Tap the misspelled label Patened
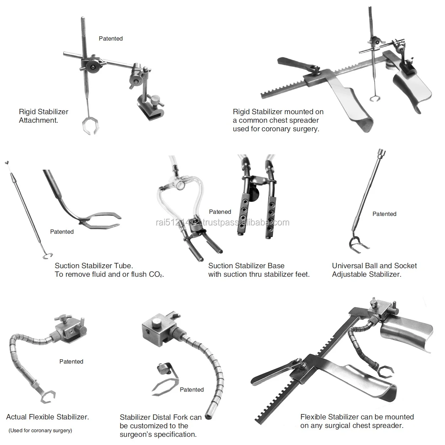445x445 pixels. tap(220, 212)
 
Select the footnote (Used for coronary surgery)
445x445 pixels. tap(40, 430)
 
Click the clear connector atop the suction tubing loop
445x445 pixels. tap(180, 185)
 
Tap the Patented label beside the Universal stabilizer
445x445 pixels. tap(384, 214)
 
